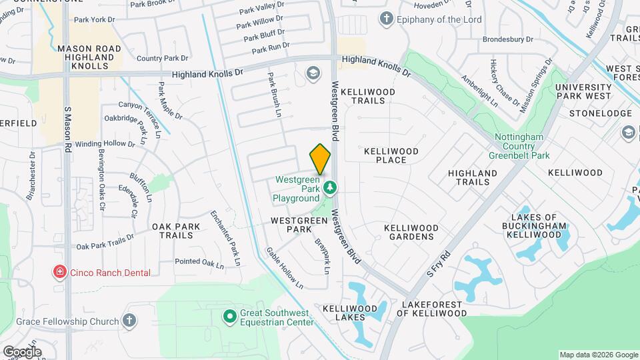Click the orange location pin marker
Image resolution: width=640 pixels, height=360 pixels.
pos(320,159)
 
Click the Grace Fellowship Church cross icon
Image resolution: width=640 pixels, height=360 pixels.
pos(130,322)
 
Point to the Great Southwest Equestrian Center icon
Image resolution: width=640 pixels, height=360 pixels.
pos(230,315)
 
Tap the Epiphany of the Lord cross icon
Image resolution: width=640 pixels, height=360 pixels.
pos(385,19)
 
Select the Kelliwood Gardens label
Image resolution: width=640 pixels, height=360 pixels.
pos(411,233)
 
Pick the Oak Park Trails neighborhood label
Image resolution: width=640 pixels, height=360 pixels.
pos(177,231)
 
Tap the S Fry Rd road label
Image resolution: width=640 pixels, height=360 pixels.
pos(439,265)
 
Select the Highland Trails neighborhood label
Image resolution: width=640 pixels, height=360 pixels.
pos(473,177)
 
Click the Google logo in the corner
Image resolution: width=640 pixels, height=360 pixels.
pos(22,351)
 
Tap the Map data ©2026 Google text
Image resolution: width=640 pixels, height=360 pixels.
pos(598,355)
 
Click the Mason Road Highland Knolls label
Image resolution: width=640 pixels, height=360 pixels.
pos(89,57)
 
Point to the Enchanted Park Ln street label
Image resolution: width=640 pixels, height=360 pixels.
pos(225,239)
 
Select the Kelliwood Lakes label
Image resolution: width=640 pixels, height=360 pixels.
pos(350,313)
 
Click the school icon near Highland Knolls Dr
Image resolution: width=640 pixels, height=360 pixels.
pos(312,73)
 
